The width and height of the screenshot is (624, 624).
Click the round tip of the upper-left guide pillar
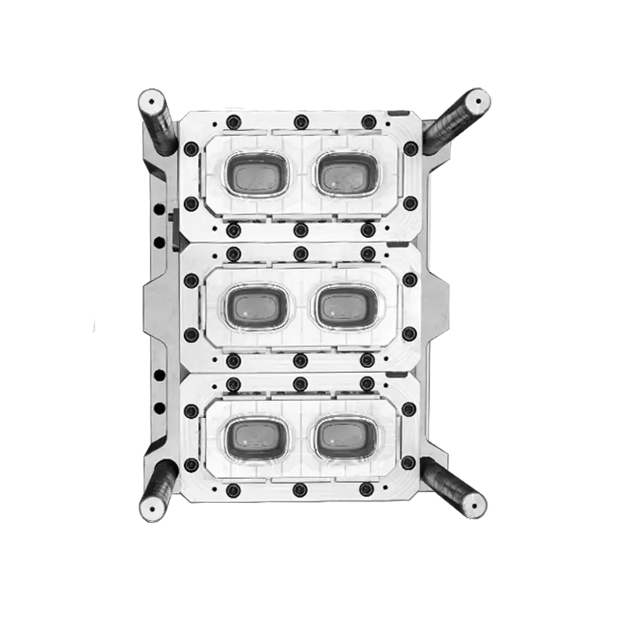[x=151, y=101]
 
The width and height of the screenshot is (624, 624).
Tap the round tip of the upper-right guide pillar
[x=475, y=101]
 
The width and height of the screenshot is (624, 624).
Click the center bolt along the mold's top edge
[x=300, y=122]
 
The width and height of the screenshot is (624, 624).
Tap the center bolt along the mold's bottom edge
[x=300, y=489]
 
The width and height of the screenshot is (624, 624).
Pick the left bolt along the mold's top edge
[x=232, y=122]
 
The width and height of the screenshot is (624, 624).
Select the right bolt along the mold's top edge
[x=367, y=122]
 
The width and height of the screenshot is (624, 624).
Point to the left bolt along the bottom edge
[x=232, y=489]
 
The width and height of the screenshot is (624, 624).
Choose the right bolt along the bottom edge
[x=367, y=489]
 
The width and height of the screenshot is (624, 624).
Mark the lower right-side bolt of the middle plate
[x=409, y=334]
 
